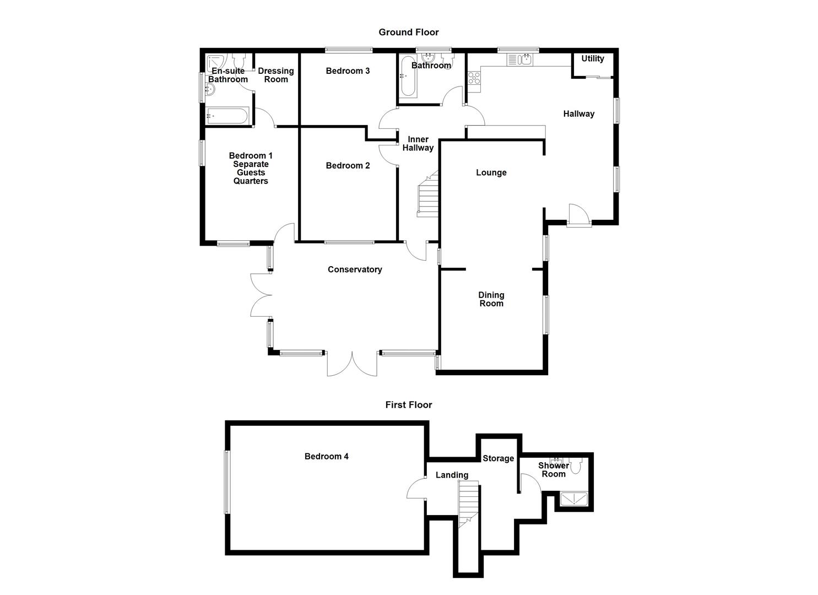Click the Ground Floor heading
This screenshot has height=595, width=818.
[408, 33]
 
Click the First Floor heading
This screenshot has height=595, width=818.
[408, 405]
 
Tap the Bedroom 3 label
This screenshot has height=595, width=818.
[348, 71]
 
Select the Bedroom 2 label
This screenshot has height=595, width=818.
[348, 166]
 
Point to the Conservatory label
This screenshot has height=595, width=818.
[355, 269]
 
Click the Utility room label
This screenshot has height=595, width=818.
[593, 59]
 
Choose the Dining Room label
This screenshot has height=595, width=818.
[491, 299]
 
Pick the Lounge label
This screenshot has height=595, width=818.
[491, 173]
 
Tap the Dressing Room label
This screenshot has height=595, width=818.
[276, 75]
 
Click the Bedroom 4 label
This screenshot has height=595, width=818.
[326, 457]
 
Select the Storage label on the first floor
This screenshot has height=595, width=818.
[498, 458]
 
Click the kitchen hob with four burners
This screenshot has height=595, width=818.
[474, 79]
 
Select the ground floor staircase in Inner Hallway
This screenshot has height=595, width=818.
[428, 196]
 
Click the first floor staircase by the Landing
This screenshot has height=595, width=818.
[468, 501]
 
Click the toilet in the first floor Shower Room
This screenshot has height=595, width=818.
[576, 467]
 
